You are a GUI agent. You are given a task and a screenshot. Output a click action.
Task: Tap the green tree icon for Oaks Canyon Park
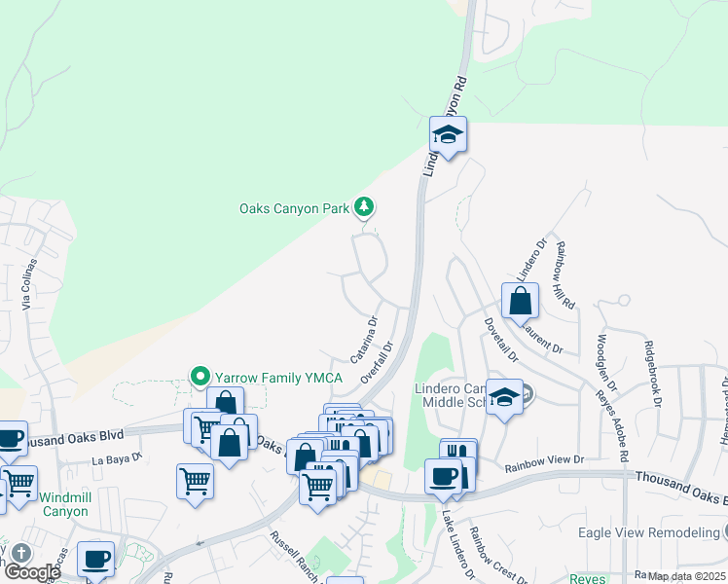364,206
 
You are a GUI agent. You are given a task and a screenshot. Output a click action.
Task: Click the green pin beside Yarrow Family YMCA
200,376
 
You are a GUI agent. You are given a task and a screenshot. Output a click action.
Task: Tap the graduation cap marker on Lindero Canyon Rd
449,134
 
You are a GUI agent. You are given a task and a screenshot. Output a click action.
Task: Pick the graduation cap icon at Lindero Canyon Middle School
504,396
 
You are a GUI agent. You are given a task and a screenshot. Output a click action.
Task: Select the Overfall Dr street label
379,359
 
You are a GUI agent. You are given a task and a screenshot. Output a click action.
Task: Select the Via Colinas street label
30,283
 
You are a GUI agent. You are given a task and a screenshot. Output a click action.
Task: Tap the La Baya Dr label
118,457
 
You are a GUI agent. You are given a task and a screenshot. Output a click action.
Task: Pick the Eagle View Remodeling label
647,531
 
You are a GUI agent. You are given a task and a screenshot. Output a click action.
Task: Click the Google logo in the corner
31,572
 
